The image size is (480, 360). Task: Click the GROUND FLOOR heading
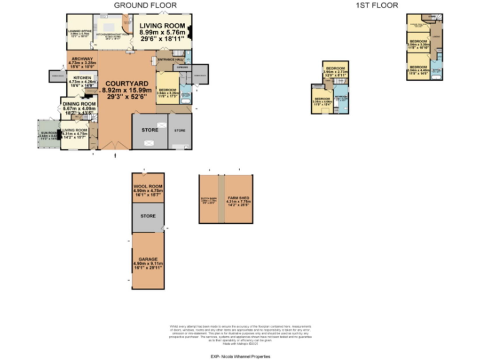(145, 5)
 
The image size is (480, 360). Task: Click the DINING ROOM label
(78, 107)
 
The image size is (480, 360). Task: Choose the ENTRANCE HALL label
(167, 59)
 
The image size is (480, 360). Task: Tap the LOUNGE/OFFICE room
(79, 34)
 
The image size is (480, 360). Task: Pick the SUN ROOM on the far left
(47, 135)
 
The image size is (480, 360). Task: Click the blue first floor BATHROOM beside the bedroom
(341, 98)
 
